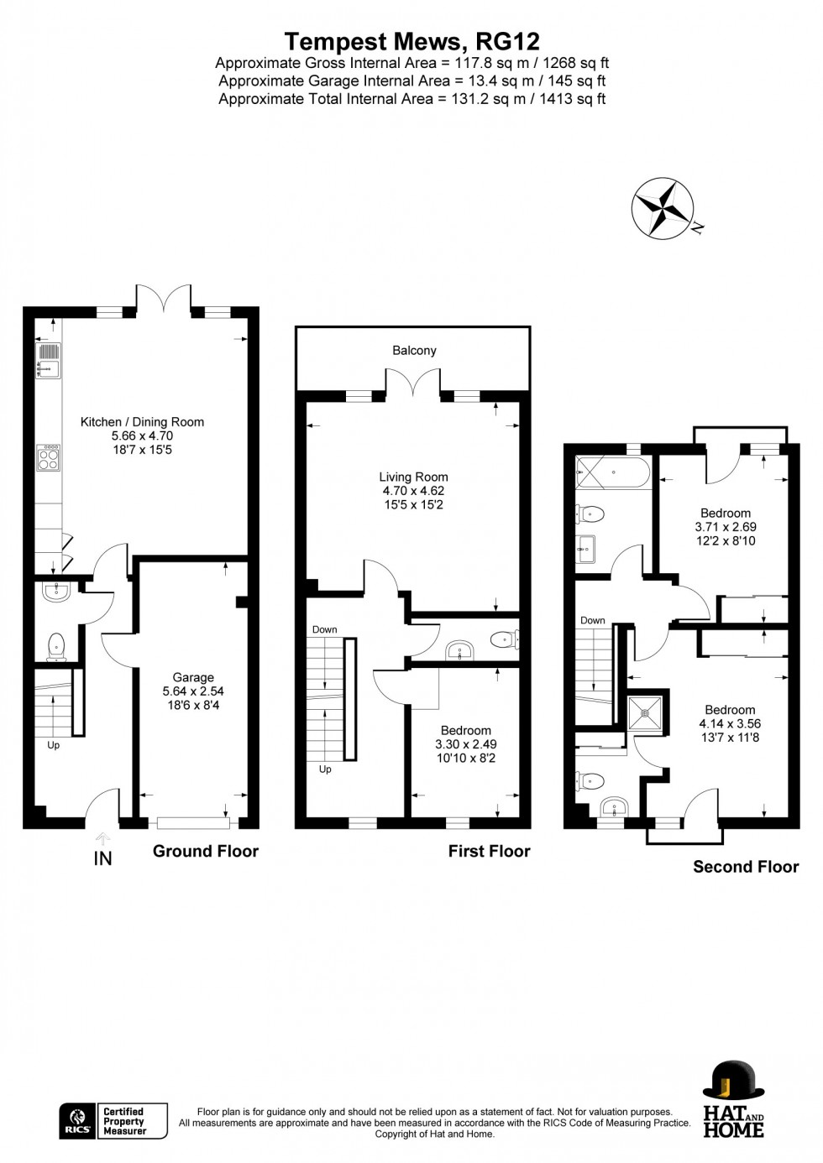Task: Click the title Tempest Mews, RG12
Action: [411, 41]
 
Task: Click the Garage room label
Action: [193, 677]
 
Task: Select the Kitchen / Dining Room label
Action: [142, 422]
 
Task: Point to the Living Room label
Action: [413, 477]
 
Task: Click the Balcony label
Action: [414, 351]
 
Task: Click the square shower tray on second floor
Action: [645, 713]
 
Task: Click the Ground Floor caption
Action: [205, 851]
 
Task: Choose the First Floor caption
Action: [489, 851]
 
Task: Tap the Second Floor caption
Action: [745, 867]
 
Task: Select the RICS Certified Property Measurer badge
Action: [113, 1121]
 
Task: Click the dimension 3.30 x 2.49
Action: [465, 744]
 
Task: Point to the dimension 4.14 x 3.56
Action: [730, 723]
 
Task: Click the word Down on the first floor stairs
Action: [325, 629]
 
